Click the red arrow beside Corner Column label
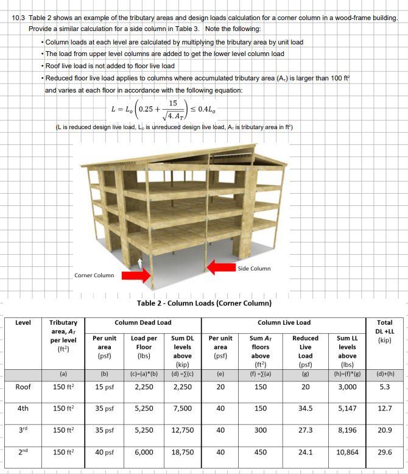tap(135, 277)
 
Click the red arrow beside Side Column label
tap(220, 267)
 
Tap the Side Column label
tap(254, 268)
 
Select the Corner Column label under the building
tap(94, 275)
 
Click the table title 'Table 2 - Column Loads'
tap(204, 303)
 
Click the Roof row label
tap(23, 387)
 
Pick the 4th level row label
tap(23, 409)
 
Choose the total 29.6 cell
tap(384, 453)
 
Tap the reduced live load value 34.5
tap(305, 409)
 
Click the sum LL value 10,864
tap(347, 453)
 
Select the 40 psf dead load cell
tap(104, 453)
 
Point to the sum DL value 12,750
tap(183, 431)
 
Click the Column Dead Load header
tap(143, 322)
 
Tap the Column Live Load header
tap(284, 322)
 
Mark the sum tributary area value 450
tap(260, 453)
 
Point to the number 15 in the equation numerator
tap(173, 103)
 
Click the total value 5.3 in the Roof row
tap(384, 387)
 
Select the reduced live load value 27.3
tap(305, 431)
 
